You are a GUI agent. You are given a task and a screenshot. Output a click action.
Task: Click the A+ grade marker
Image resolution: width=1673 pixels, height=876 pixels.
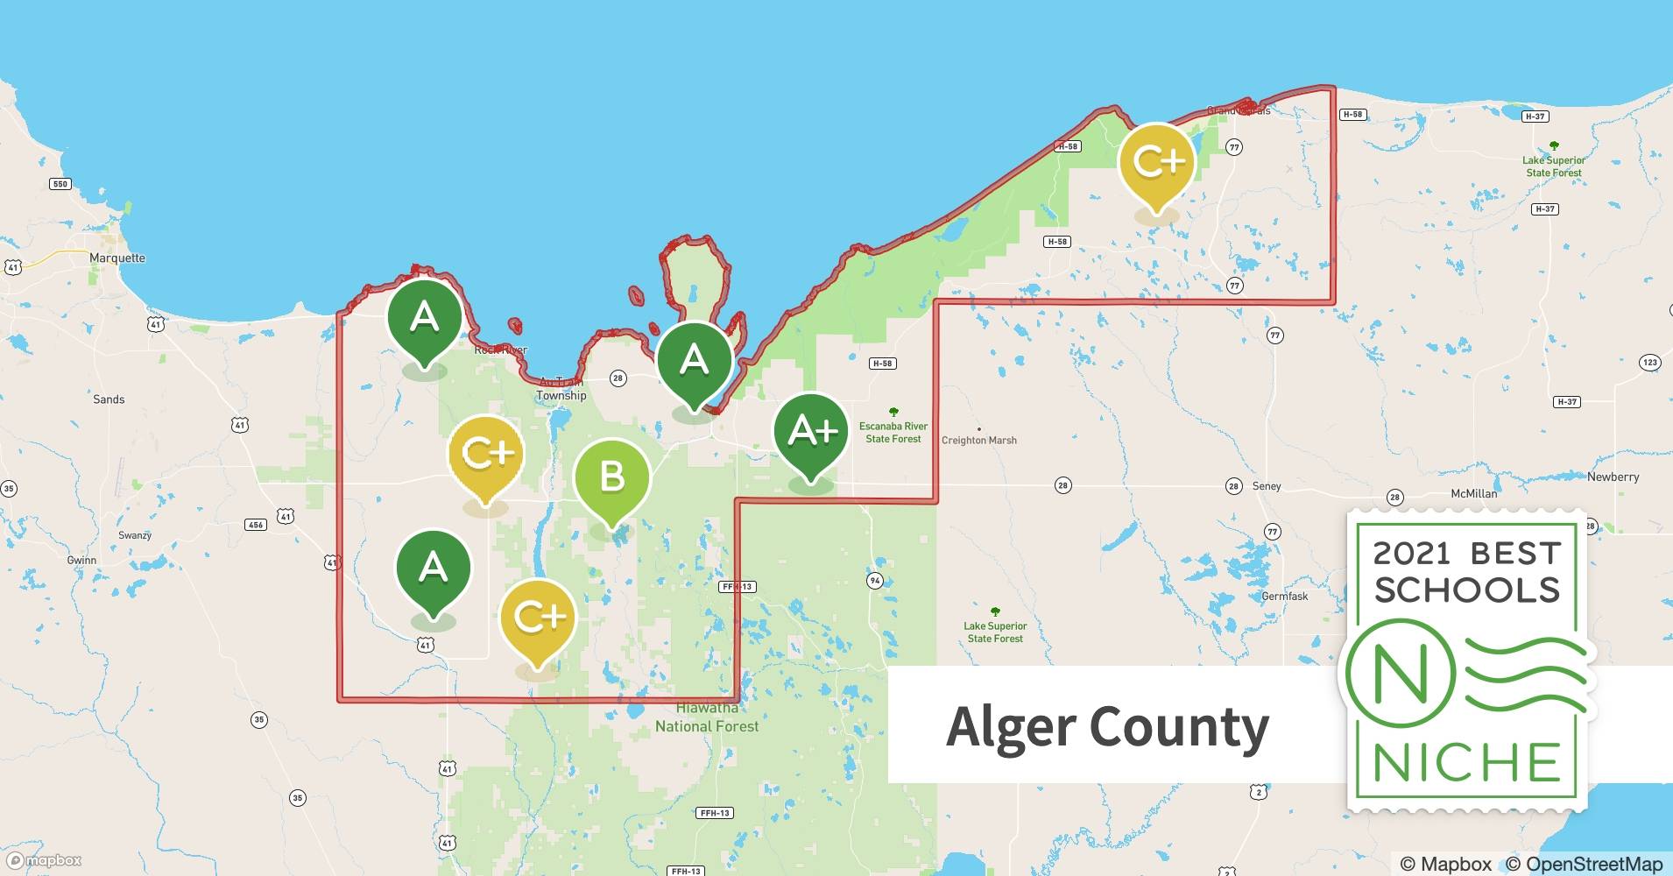click(811, 433)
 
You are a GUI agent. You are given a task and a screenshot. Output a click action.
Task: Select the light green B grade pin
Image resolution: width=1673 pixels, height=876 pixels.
click(611, 478)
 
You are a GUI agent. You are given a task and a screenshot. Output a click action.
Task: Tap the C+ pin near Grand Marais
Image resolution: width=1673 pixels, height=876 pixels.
click(1157, 163)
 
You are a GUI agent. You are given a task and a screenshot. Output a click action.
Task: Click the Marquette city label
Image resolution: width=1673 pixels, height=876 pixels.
click(117, 258)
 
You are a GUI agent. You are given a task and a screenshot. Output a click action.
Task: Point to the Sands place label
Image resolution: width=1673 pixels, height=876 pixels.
click(109, 399)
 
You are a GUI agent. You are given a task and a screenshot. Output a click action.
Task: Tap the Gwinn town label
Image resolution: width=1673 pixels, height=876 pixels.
click(81, 561)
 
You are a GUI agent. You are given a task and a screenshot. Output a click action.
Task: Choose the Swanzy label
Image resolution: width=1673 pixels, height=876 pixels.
click(135, 535)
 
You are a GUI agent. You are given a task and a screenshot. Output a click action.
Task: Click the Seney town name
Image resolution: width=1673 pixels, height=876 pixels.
click(1267, 486)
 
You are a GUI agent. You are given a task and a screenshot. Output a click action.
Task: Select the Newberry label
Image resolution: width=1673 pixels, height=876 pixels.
click(1613, 477)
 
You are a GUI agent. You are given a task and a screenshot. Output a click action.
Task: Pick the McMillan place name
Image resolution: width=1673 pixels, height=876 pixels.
click(1474, 494)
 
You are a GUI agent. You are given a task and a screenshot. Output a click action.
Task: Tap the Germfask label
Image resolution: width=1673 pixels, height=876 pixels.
click(1285, 597)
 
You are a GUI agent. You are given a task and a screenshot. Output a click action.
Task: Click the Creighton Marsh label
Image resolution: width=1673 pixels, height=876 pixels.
click(979, 441)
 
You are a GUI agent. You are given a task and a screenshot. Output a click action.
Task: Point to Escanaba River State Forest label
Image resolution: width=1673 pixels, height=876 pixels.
click(893, 433)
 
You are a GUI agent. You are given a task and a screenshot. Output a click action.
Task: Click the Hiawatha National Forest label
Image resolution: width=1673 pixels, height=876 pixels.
click(707, 717)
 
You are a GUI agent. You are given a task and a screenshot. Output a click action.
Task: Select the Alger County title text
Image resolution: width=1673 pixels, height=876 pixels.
click(1107, 727)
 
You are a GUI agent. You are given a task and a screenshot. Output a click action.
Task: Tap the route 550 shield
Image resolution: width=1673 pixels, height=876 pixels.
click(60, 184)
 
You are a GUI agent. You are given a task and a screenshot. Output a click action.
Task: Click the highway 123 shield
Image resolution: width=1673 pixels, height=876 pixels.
click(1650, 363)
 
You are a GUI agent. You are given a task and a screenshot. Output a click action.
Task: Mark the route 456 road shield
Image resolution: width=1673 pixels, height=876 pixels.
click(255, 525)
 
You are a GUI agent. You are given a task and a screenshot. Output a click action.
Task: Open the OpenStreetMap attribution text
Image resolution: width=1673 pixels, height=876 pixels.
click(1584, 864)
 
